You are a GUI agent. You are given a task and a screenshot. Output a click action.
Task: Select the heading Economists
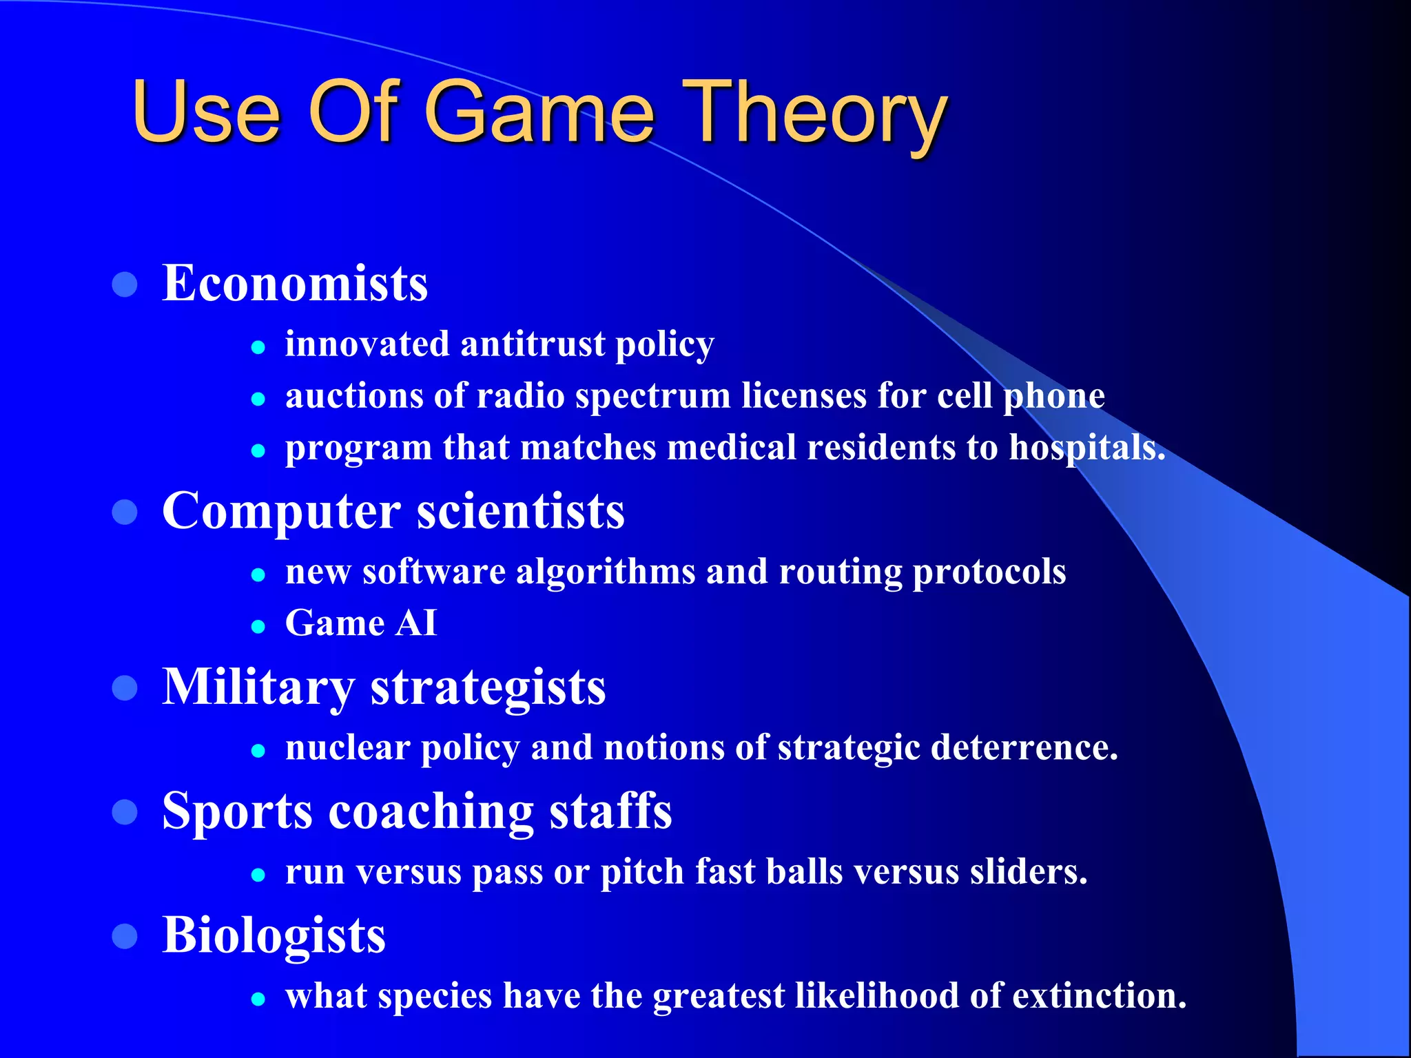click(x=295, y=283)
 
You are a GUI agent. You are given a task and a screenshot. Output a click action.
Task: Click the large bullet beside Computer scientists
click(x=125, y=512)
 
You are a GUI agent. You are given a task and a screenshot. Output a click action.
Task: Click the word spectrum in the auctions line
click(x=653, y=396)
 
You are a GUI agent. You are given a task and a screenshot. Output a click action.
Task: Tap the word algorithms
click(x=606, y=572)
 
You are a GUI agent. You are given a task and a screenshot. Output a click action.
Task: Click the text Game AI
click(x=361, y=623)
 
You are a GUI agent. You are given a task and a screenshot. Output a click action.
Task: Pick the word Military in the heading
click(x=258, y=687)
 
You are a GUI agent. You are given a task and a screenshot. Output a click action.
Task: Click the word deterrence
click(x=1024, y=747)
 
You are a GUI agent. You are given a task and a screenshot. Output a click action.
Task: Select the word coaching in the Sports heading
click(x=431, y=811)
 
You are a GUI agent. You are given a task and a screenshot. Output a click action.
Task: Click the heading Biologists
click(x=274, y=935)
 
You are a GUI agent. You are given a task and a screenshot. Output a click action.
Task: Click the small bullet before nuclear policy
click(x=258, y=751)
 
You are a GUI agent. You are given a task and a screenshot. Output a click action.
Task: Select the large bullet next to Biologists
click(x=125, y=936)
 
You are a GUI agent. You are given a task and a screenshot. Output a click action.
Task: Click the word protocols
click(x=989, y=572)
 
